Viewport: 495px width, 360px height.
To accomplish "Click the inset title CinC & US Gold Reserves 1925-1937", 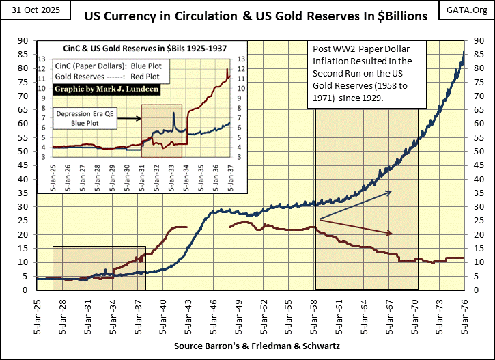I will pos(135,47).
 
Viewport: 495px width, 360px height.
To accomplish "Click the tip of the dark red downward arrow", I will pos(393,234).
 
